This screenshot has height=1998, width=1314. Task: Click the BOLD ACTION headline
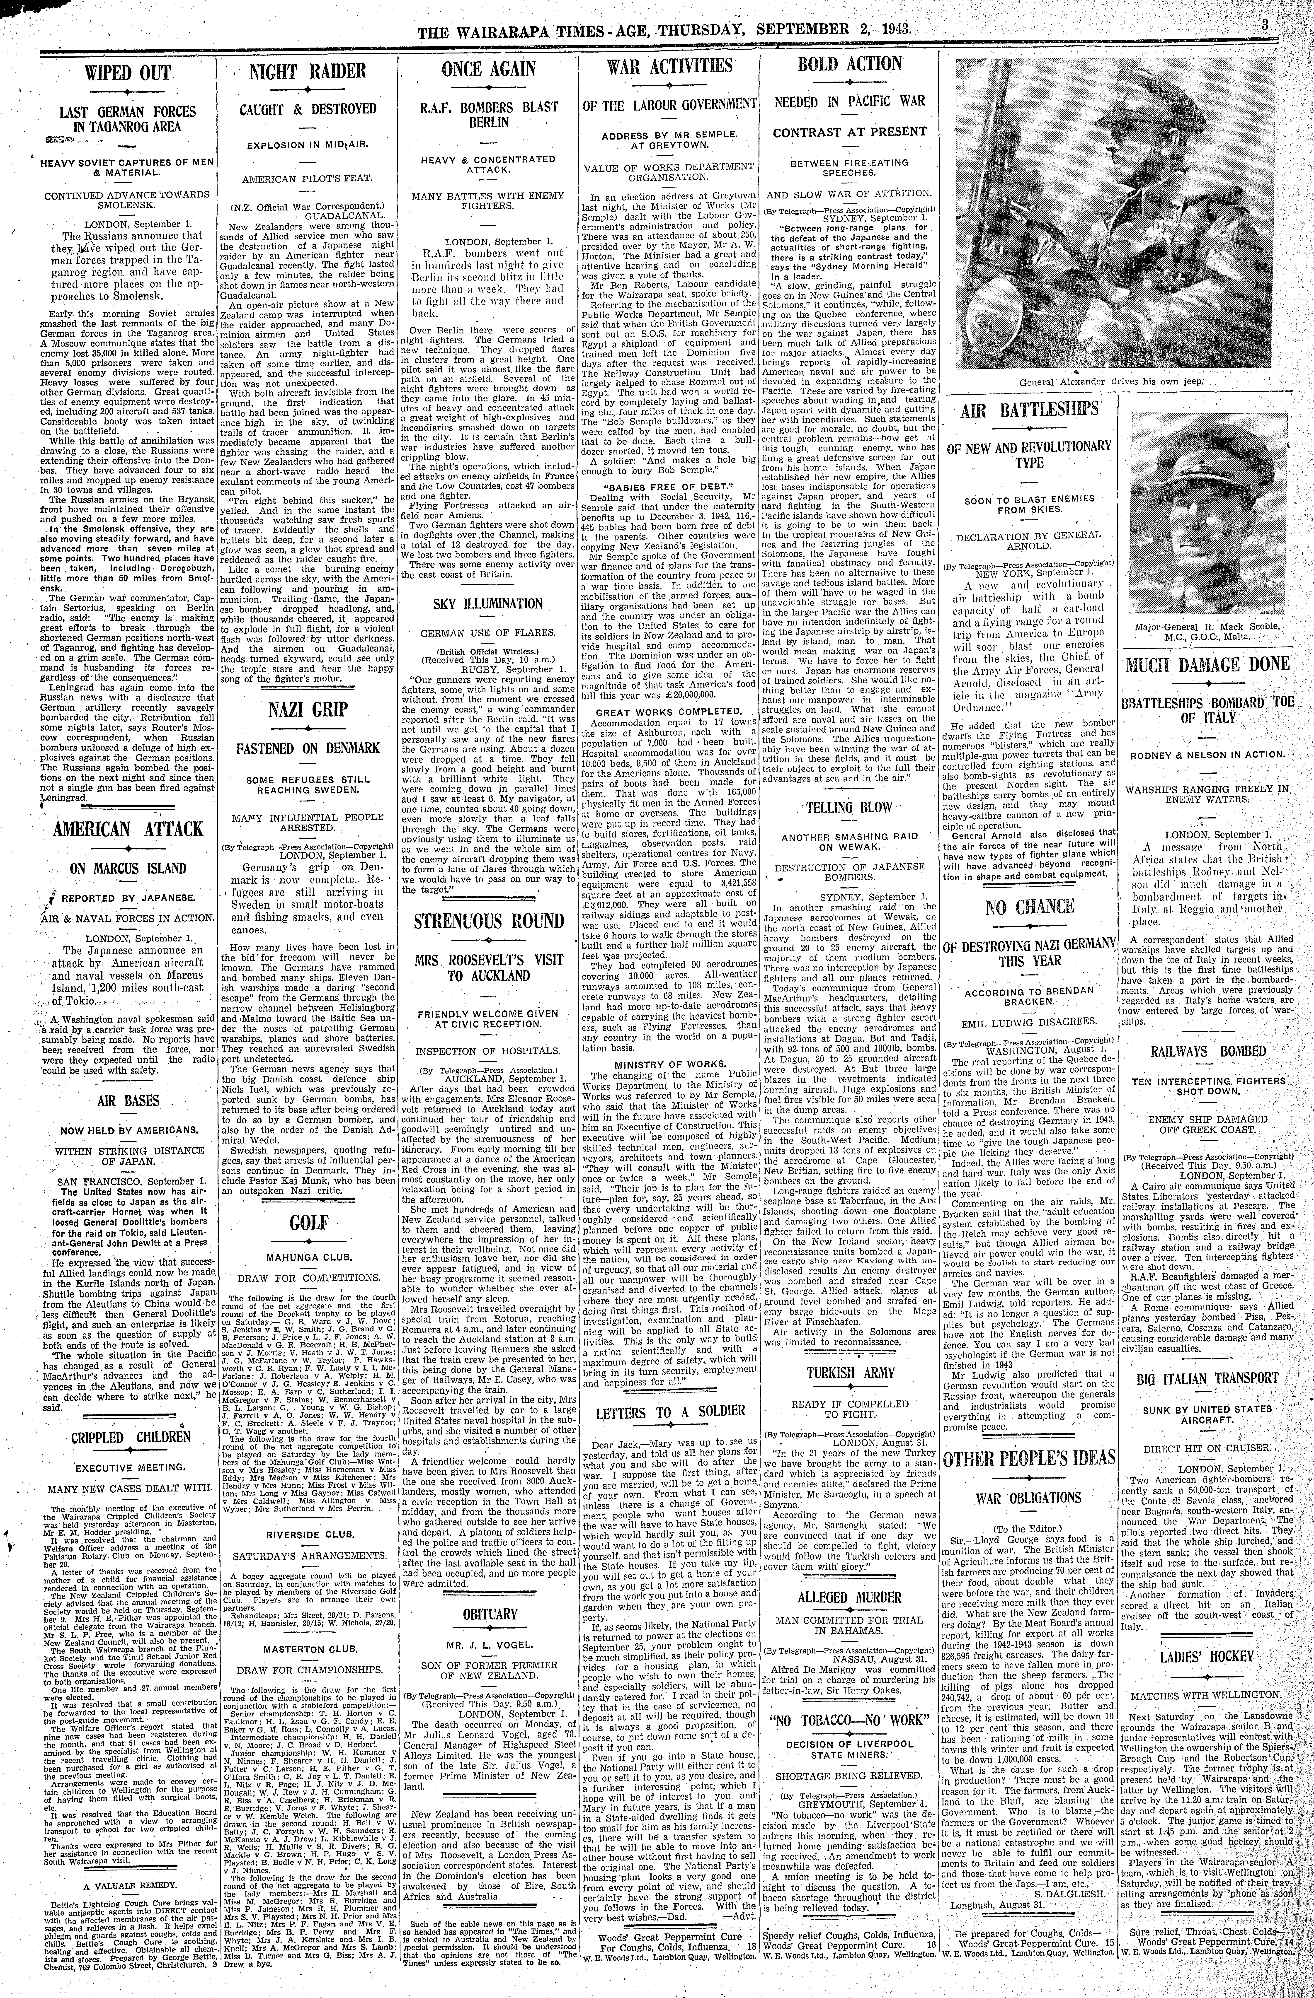tap(850, 65)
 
